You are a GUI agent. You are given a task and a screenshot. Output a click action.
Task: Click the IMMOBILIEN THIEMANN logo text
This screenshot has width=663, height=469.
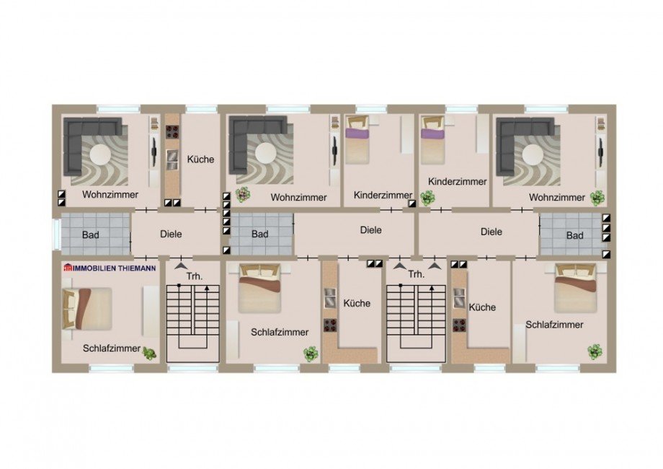(110, 268)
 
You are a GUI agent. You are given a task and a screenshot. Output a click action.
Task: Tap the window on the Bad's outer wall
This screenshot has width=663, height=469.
(55, 234)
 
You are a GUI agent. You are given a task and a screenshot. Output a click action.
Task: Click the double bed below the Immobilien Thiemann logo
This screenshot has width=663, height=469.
(87, 309)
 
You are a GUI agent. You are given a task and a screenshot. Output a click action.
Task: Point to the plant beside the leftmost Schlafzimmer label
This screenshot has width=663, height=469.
(149, 354)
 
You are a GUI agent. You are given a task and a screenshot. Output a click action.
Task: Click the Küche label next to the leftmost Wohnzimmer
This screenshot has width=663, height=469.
(200, 159)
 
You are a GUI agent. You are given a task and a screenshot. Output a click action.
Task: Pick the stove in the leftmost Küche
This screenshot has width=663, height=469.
(172, 132)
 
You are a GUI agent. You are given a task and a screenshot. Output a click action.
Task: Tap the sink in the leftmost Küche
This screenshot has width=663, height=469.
(172, 157)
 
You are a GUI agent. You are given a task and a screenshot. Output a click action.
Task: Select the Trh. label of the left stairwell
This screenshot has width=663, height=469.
(195, 276)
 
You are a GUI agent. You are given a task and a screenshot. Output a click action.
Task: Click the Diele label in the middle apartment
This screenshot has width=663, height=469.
(371, 230)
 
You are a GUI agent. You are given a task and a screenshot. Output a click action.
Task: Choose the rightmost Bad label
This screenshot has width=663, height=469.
(574, 235)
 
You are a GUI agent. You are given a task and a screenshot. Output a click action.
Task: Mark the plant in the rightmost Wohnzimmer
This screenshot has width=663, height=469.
(597, 197)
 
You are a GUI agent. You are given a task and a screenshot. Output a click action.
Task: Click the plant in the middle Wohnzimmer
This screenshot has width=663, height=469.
(243, 195)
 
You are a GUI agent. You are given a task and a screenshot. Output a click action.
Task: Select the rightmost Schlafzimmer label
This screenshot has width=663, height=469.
(554, 325)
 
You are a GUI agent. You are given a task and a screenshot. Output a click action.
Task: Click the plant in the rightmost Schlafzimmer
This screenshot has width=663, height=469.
(595, 351)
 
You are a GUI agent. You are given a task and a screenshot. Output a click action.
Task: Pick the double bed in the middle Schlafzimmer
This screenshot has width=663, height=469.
(259, 288)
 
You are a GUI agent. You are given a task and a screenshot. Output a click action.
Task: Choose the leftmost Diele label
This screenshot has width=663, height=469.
(171, 234)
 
